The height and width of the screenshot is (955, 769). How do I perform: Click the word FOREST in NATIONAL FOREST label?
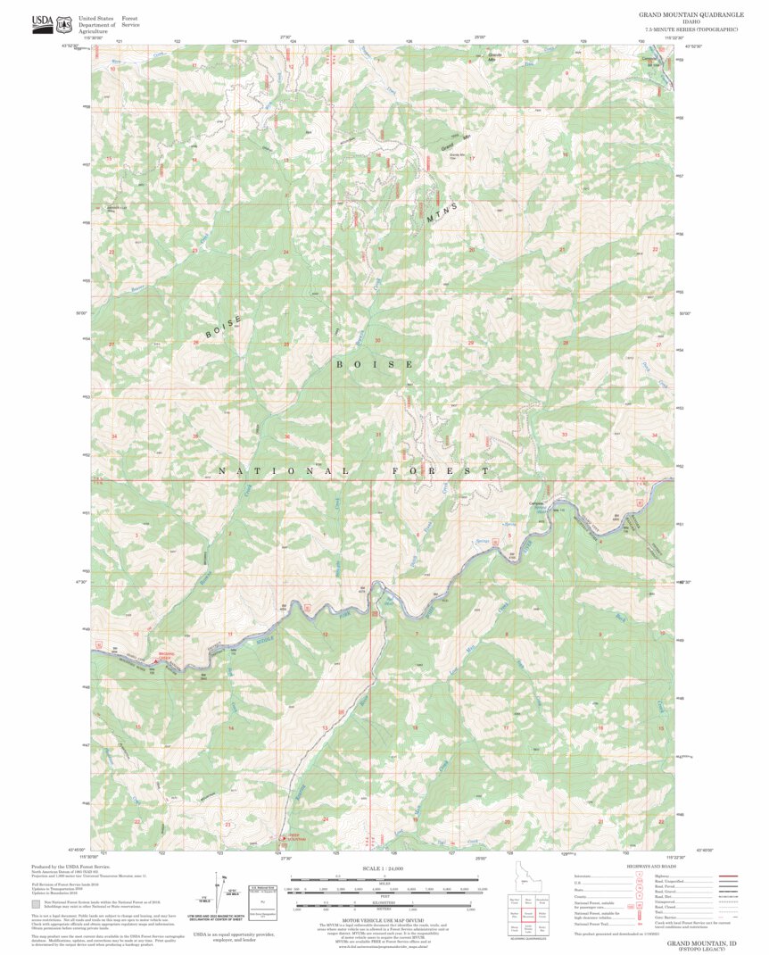pyautogui.click(x=441, y=470)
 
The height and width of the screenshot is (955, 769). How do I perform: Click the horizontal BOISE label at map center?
pyautogui.click(x=374, y=364)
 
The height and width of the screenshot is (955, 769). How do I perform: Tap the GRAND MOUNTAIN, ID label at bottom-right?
pyautogui.click(x=701, y=943)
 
